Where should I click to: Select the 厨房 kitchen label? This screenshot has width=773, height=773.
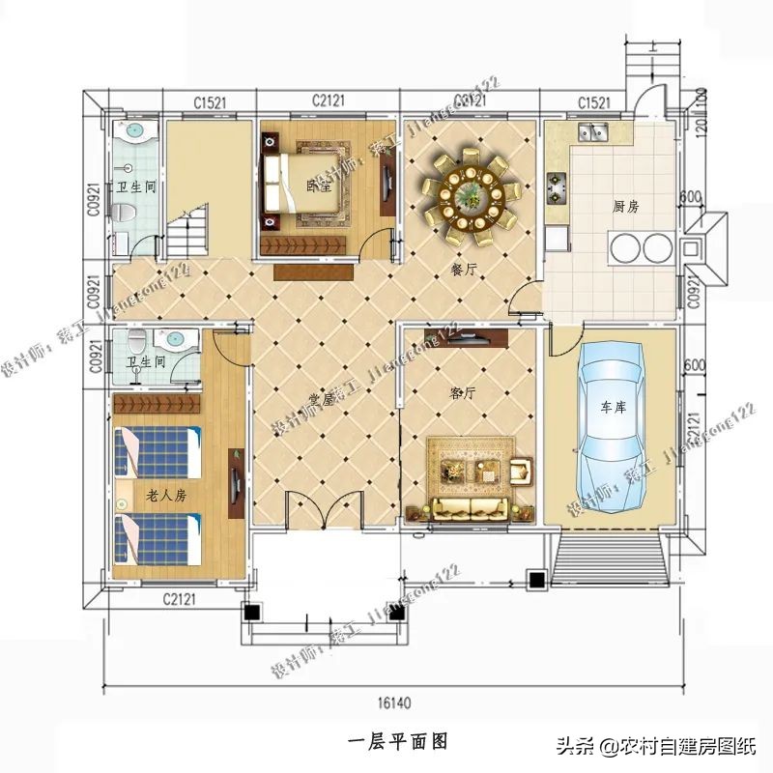(626, 207)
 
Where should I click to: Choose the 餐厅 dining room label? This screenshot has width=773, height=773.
(465, 270)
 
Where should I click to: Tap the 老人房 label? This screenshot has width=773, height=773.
(165, 495)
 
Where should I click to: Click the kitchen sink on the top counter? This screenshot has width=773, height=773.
(592, 132)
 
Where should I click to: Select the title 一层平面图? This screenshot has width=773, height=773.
(396, 741)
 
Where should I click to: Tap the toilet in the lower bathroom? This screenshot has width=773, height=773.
(137, 341)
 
